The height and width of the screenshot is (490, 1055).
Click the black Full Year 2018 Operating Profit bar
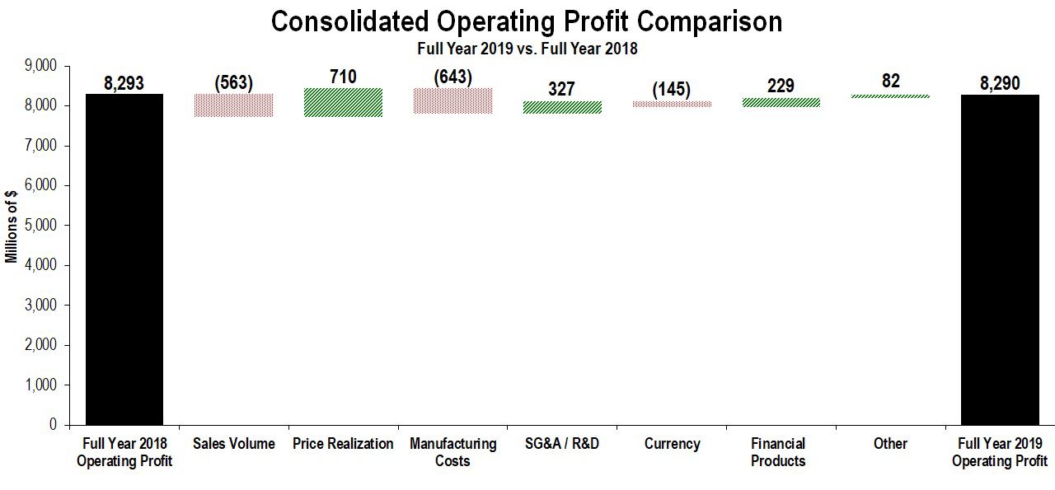point(124,259)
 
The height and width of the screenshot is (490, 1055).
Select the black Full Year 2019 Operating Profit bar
point(1000,259)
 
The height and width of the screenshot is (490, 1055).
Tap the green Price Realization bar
point(343,103)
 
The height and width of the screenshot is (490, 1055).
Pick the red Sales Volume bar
point(233,105)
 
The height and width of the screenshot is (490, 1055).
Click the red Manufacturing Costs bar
point(452,101)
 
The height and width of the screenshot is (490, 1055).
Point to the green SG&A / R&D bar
point(562,107)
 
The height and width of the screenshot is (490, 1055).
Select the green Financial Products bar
point(781,103)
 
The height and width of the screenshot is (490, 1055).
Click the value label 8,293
point(124,82)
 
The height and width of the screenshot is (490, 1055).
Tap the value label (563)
point(233,82)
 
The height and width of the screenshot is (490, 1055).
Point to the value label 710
point(343,77)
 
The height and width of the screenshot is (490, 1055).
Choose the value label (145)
point(671,89)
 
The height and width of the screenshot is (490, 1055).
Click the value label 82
point(890,82)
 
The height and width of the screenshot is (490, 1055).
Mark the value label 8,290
point(1000,82)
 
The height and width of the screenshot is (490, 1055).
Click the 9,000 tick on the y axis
point(41,66)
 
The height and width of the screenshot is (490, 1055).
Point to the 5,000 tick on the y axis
point(41,226)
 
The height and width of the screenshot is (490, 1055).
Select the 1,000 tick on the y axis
point(41,385)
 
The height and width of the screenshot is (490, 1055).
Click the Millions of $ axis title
point(12,226)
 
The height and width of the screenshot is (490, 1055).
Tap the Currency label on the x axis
point(672,444)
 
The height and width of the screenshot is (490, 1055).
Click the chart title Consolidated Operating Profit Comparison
point(527,21)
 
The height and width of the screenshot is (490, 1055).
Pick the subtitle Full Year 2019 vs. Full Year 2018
point(527,49)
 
